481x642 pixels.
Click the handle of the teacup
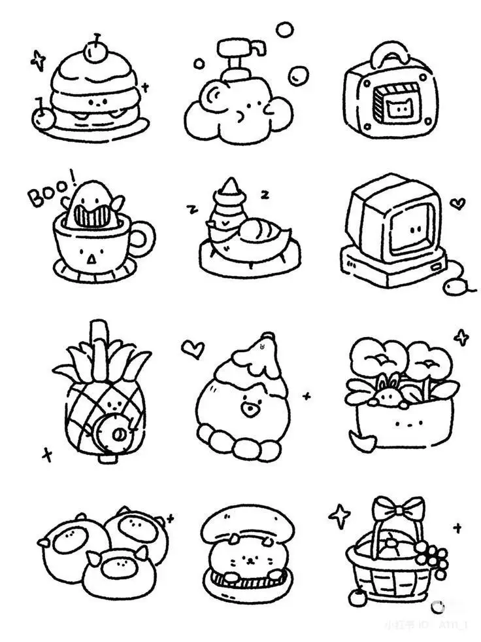pos(143,240)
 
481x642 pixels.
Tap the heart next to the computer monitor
pos(459,204)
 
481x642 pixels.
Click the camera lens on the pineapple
pos(118,434)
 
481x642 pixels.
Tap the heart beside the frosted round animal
pos(192,348)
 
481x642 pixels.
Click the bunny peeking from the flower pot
pos(386,393)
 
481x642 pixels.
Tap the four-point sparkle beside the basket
pos(340,516)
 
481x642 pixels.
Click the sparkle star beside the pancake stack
pos(39,62)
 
